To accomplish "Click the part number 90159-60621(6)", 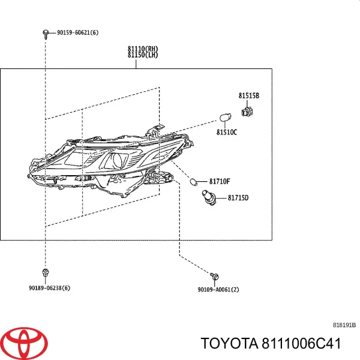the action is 77,32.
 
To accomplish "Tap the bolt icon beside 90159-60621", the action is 46,34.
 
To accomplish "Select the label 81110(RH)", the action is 143,49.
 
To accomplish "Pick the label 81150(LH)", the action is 143,55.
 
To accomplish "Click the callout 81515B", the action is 248,95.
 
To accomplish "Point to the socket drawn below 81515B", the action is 247,112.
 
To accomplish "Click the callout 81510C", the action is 227,132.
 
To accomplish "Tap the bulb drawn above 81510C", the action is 225,118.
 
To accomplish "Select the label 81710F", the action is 220,182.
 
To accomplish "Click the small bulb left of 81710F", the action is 194,182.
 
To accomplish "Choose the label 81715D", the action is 238,198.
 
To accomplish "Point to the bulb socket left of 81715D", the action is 208,197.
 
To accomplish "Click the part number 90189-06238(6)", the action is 49,288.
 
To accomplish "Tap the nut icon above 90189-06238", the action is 46,272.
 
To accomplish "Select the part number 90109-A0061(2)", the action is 218,290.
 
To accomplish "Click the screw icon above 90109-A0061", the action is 214,276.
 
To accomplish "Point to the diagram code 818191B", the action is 344,325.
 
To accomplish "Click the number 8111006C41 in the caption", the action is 301,343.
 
